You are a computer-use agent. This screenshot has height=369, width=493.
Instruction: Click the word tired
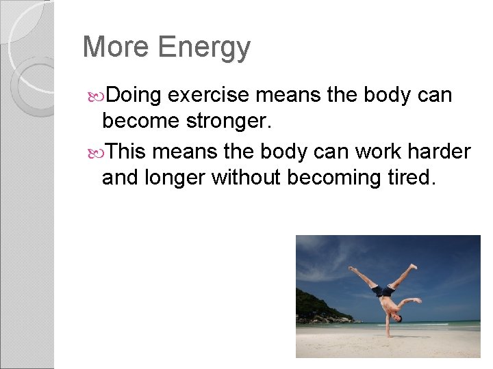click(x=413, y=178)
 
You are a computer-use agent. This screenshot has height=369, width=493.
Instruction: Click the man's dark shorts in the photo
click(x=383, y=291)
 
